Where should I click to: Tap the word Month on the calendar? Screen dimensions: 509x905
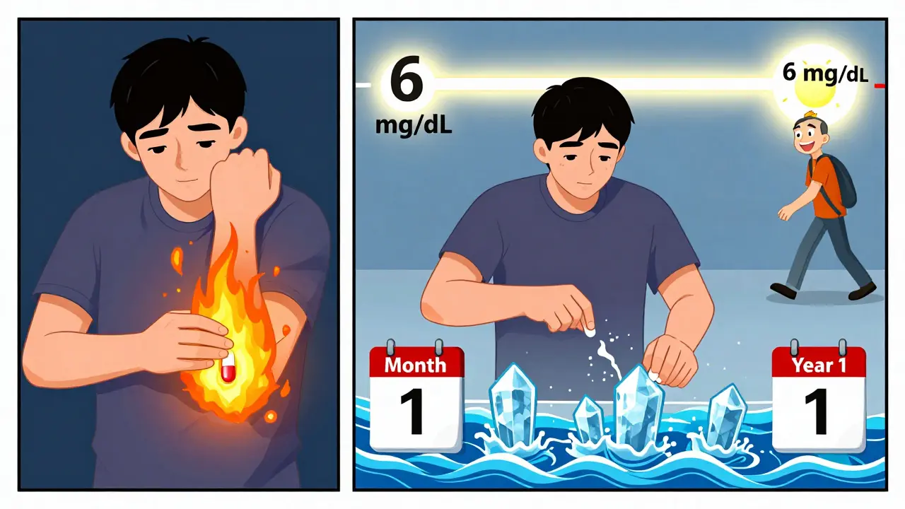click(416, 365)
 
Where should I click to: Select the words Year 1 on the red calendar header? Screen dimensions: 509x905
click(819, 365)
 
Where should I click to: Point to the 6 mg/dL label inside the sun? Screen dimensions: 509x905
click(824, 73)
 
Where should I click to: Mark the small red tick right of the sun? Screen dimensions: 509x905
click(880, 86)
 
